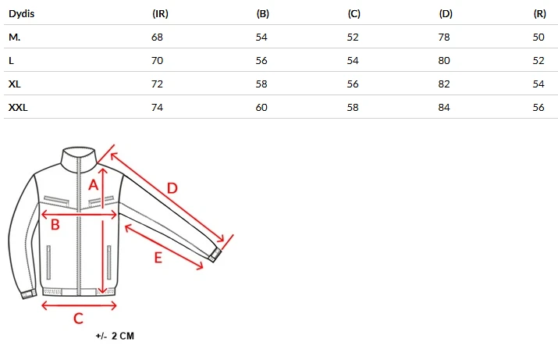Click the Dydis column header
21,14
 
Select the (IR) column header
160,14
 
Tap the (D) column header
446,14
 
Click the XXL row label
18,107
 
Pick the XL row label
15,84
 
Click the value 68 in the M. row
157,37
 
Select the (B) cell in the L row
261,61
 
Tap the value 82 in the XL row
444,84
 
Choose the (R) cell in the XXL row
538,107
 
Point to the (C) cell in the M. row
353,37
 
